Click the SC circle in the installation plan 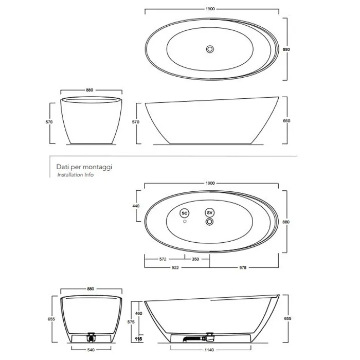point(184,213)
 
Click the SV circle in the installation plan point(209,213)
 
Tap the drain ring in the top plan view point(210,49)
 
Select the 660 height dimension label point(286,121)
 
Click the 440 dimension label point(136,206)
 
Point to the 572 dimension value point(163,259)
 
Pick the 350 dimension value point(195,259)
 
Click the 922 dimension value point(175,267)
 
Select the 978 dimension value point(243,267)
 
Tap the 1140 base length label point(209,350)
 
